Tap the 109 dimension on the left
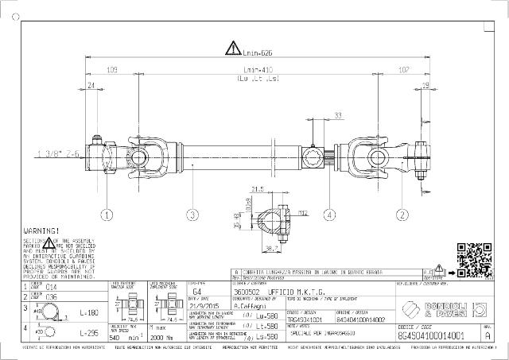(112, 69)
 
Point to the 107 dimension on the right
(403, 69)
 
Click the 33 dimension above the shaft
(338, 116)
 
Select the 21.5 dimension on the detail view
(257, 190)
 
